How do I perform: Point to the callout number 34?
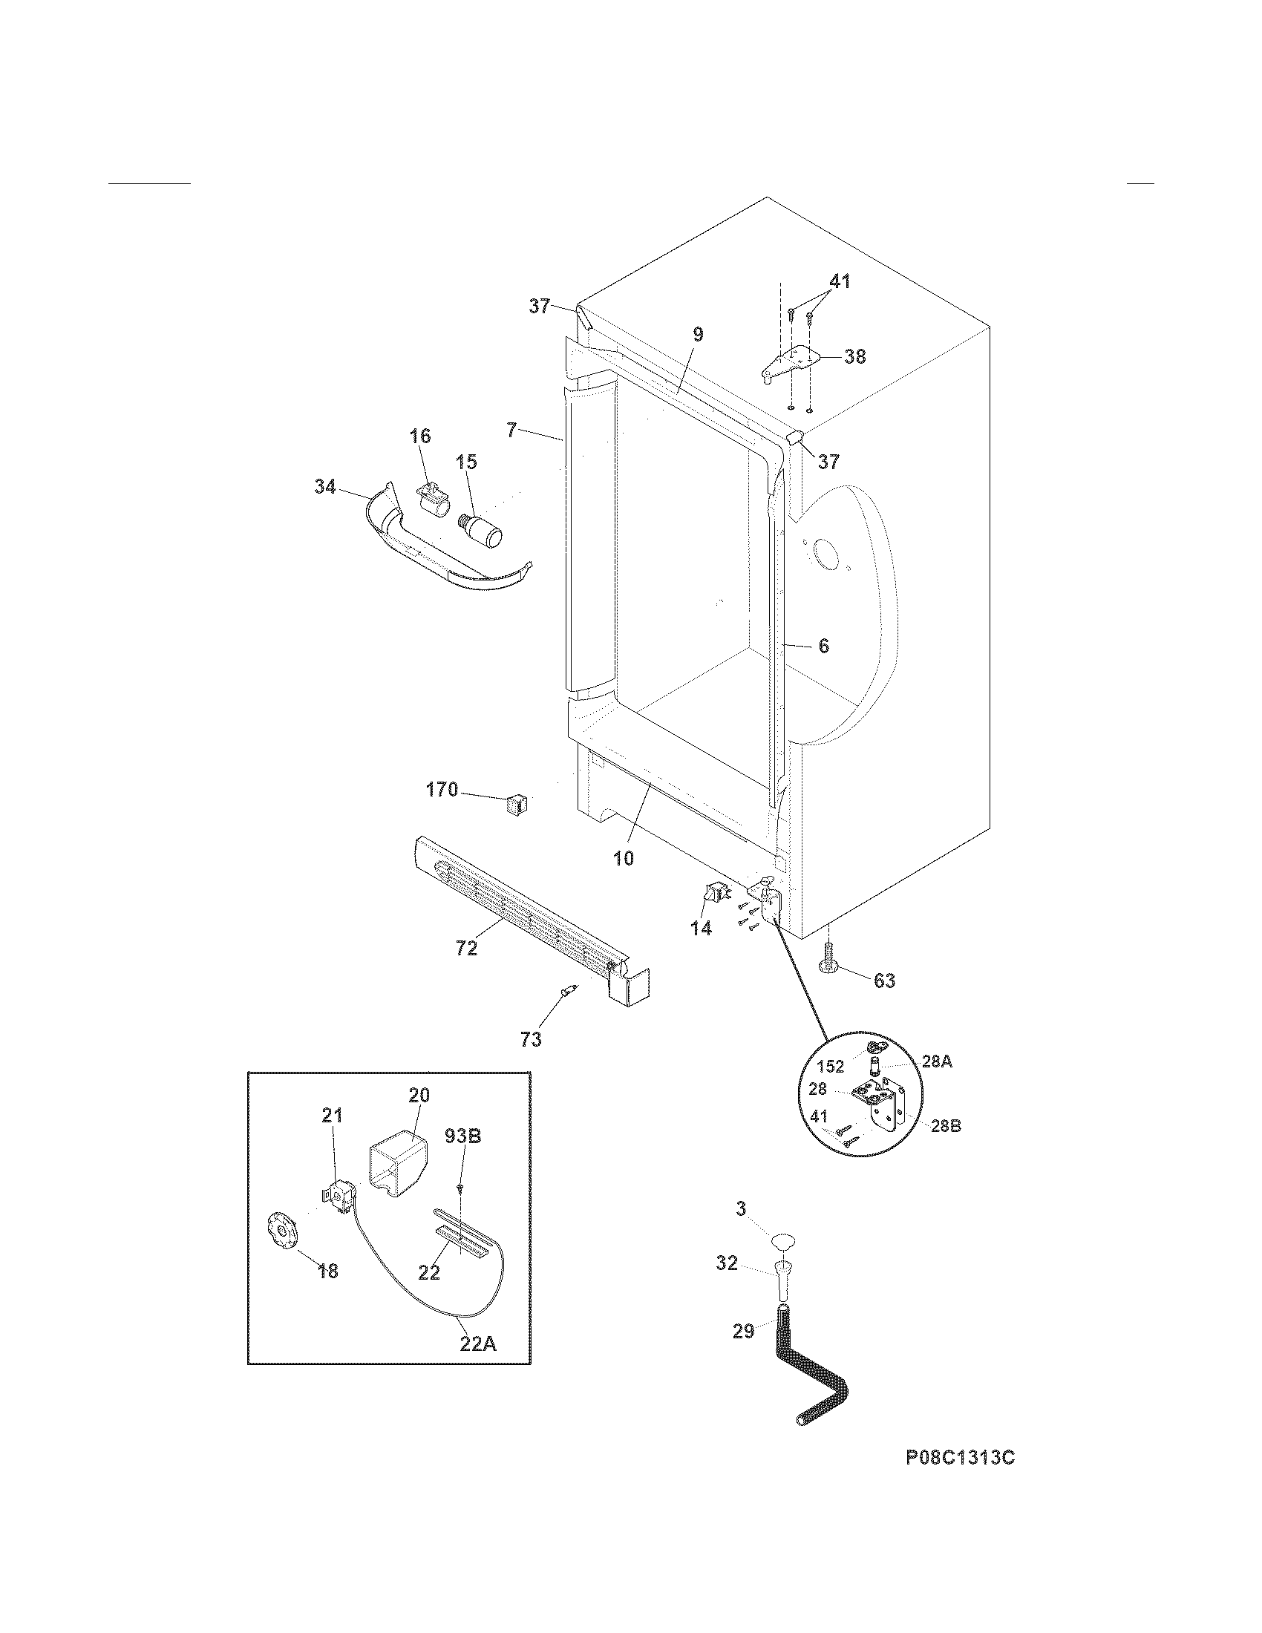324,488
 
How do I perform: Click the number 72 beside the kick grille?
466,949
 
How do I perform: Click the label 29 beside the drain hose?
743,1331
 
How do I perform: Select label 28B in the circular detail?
946,1146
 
